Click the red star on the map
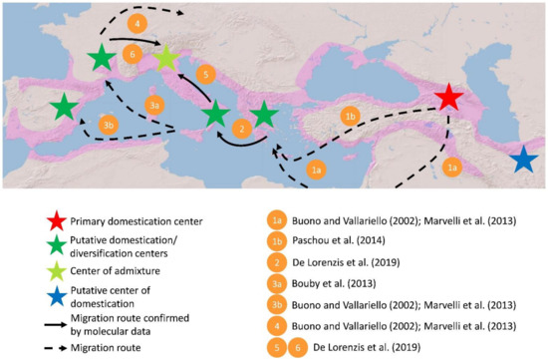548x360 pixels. [448, 97]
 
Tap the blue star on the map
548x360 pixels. [523, 160]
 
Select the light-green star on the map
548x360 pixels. [166, 58]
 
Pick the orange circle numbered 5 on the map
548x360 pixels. [204, 75]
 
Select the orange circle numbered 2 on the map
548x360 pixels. [239, 129]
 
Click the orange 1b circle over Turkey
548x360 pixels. [350, 117]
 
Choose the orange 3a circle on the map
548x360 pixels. [153, 105]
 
